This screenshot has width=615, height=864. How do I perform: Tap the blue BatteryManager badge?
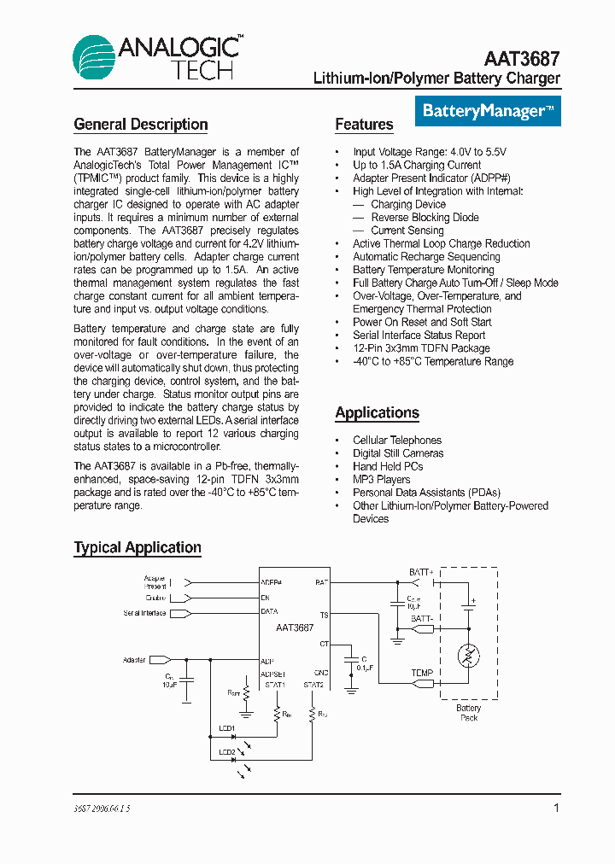pyautogui.click(x=489, y=111)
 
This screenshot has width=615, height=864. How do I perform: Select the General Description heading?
pyautogui.click(x=141, y=125)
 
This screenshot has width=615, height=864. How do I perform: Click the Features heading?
pyautogui.click(x=364, y=125)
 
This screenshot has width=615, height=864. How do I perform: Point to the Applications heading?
pyautogui.click(x=377, y=413)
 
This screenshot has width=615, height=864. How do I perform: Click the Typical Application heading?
pyautogui.click(x=138, y=548)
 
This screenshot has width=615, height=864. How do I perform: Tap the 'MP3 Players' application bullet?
pyautogui.click(x=381, y=480)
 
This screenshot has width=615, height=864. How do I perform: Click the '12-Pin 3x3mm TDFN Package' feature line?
pyautogui.click(x=421, y=348)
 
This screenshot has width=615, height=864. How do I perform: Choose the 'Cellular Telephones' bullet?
pyautogui.click(x=397, y=441)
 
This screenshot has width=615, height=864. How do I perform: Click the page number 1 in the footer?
pyautogui.click(x=556, y=808)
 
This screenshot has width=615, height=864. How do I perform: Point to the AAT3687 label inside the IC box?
pyautogui.click(x=295, y=627)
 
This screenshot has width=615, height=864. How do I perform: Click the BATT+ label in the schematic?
pyautogui.click(x=421, y=572)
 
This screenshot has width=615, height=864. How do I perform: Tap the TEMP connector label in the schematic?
pyautogui.click(x=422, y=673)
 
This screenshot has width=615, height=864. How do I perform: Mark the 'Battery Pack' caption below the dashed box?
pyautogui.click(x=468, y=713)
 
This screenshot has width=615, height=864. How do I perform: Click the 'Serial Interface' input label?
pyautogui.click(x=143, y=613)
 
